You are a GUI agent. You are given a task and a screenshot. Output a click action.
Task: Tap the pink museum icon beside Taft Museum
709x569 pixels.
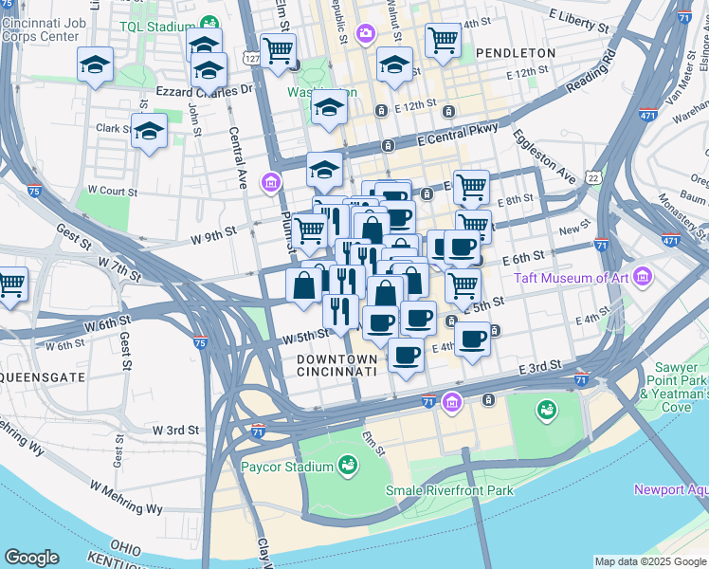coord(644,277)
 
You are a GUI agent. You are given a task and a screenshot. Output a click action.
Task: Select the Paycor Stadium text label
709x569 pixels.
coord(285,467)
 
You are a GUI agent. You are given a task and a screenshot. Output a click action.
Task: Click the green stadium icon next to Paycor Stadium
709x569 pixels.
coord(348,466)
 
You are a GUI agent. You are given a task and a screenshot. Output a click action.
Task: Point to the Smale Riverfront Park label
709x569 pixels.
coord(449,490)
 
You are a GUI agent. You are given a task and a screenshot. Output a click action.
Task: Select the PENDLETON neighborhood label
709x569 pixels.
coord(516,53)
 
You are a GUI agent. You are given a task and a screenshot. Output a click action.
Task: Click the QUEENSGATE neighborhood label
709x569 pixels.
coord(42,376)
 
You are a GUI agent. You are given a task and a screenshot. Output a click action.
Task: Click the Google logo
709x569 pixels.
coord(31,558)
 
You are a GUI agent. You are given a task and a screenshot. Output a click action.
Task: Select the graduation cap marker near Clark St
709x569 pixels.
coord(149,132)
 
